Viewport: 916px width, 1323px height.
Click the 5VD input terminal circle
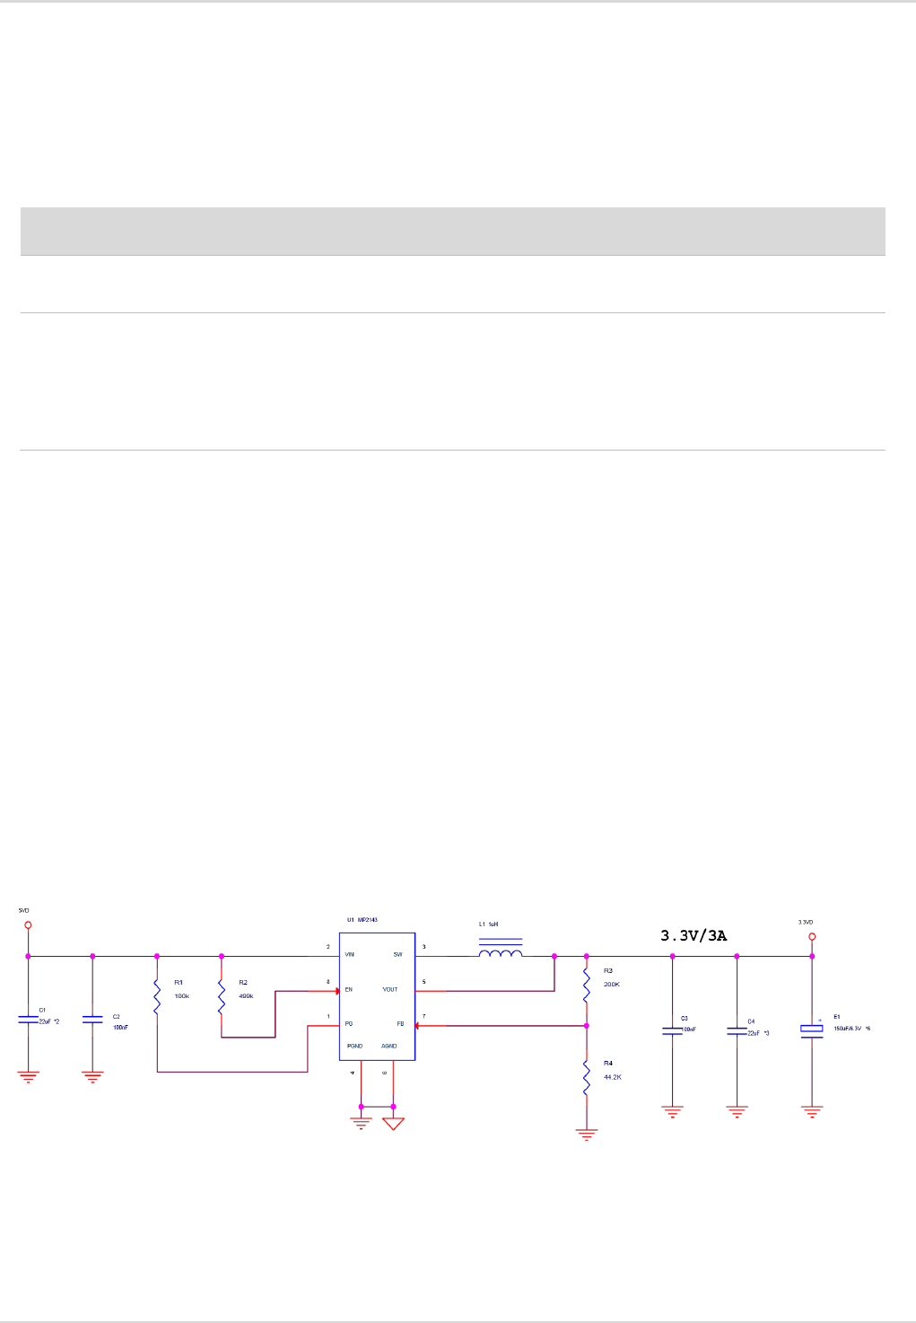[x=28, y=925]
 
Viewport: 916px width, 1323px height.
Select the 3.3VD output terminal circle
[x=812, y=936]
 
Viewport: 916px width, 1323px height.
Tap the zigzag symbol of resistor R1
[x=157, y=996]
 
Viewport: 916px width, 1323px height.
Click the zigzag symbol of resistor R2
[x=222, y=996]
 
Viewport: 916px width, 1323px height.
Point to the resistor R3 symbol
[x=587, y=985]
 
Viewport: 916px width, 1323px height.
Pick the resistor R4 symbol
[x=587, y=1077]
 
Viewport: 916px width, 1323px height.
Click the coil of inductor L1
[x=501, y=953]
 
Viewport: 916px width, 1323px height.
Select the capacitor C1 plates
[x=28, y=1020]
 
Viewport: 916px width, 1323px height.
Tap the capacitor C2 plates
[x=92, y=1020]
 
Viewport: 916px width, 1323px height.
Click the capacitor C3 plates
[x=673, y=1030]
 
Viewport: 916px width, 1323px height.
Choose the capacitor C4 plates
[x=737, y=1030]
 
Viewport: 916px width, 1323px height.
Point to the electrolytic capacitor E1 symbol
[x=812, y=1031]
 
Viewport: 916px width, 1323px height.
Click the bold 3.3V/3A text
[x=694, y=935]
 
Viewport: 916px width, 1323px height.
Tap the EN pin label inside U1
[x=349, y=990]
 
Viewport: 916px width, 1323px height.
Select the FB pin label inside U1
[x=400, y=1024]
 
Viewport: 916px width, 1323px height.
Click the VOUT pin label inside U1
[x=390, y=990]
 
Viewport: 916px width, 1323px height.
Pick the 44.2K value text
[x=612, y=1077]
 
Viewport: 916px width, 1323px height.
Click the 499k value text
[x=246, y=996]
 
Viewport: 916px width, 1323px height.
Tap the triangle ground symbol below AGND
[x=393, y=1123]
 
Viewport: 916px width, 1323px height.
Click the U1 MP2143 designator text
[x=362, y=920]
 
